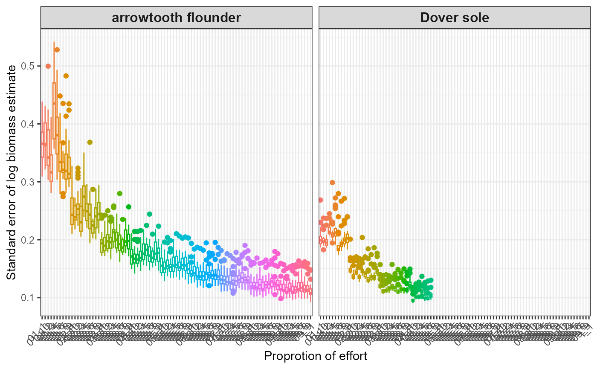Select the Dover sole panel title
pos(455,18)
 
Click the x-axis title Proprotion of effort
pos(316,356)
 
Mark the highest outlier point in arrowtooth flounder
pos(57,50)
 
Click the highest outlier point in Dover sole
pos(332,183)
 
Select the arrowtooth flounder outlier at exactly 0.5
pos(48,66)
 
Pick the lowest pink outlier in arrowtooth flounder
pos(281,298)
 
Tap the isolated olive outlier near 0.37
pos(90,142)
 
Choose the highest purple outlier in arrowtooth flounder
pos(245,245)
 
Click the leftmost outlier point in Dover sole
pos(320,200)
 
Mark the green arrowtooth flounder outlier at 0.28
pos(120,194)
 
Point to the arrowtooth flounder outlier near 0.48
pos(66,76)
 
